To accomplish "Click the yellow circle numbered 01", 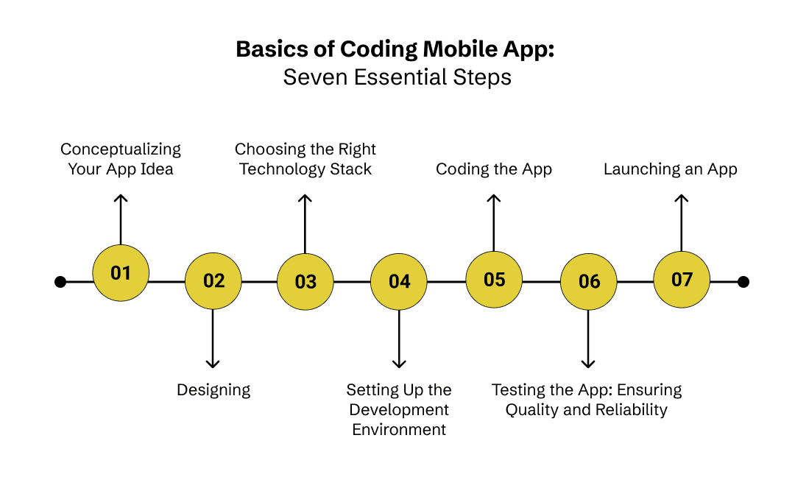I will [x=121, y=273].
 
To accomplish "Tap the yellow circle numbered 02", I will [x=213, y=281].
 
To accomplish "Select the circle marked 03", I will [x=305, y=281].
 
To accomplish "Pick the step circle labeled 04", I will [x=399, y=281].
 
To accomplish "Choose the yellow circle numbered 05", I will [x=495, y=280].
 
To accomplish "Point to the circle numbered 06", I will [x=589, y=281].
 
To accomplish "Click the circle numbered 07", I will [x=682, y=280].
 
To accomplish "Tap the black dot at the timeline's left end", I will [x=60, y=282].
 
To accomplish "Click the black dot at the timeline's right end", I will [x=743, y=282].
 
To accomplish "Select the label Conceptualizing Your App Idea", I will [x=121, y=159].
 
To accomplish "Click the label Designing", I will [x=213, y=390].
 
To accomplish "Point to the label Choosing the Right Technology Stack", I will [x=305, y=159].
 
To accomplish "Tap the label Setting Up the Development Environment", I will [x=399, y=409].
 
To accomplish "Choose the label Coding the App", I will [x=494, y=169].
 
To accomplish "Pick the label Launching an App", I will [x=671, y=169].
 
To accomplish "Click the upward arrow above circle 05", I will [x=494, y=221].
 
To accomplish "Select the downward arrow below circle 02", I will [x=213, y=339].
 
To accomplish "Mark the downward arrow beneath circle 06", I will [x=587, y=339].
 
